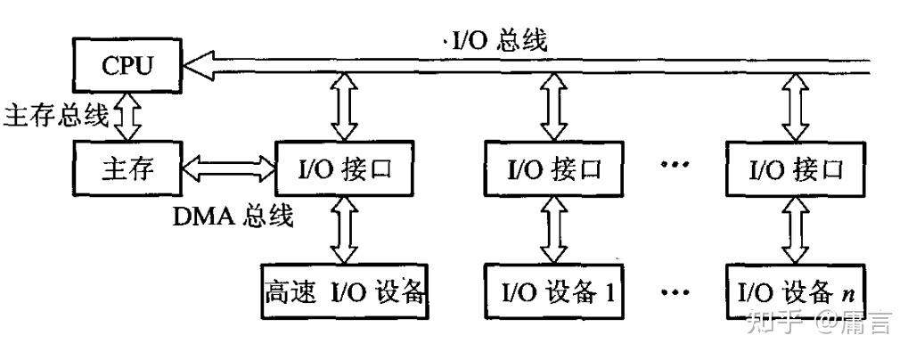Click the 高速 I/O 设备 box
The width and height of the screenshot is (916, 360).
pyautogui.click(x=343, y=290)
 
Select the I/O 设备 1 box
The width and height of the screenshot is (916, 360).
pyautogui.click(x=548, y=290)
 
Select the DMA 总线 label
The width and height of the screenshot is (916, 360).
pyautogui.click(x=233, y=216)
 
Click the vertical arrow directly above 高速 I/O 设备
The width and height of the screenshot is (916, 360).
pyautogui.click(x=343, y=230)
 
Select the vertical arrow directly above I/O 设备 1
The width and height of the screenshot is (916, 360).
pyautogui.click(x=548, y=230)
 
